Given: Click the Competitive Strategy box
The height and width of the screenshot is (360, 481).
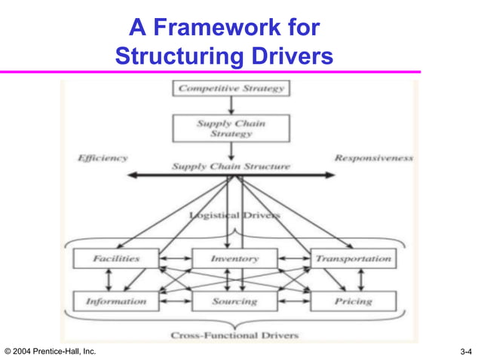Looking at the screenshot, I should pyautogui.click(x=231, y=89).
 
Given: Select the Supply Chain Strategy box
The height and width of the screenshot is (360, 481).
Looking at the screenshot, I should pyautogui.click(x=231, y=128).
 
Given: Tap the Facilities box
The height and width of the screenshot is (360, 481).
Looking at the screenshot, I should pyautogui.click(x=116, y=258).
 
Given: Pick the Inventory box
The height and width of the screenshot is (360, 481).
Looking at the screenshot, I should pyautogui.click(x=234, y=258).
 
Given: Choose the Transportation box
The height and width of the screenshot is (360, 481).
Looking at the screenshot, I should pyautogui.click(x=353, y=258).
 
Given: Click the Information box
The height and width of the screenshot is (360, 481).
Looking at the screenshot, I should pyautogui.click(x=116, y=301).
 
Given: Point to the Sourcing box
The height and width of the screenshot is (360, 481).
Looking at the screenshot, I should pyautogui.click(x=234, y=301).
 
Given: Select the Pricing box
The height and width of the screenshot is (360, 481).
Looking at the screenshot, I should pyautogui.click(x=353, y=301).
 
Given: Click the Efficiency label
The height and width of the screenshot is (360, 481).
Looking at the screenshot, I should pyautogui.click(x=103, y=158).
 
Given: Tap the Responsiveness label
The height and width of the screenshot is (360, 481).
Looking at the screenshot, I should pyautogui.click(x=374, y=158).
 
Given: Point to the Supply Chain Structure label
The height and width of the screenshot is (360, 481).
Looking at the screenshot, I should pyautogui.click(x=231, y=166).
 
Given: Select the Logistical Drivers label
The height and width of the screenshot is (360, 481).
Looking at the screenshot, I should pyautogui.click(x=235, y=216).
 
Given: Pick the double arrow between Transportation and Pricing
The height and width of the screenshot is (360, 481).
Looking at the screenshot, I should pyautogui.click(x=360, y=279).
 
